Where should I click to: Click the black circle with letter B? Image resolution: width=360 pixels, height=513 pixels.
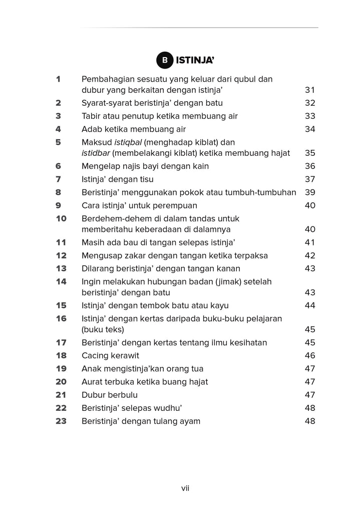164,61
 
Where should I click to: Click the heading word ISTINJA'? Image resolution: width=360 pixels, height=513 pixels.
195,61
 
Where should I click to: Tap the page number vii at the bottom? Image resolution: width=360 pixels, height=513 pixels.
185,488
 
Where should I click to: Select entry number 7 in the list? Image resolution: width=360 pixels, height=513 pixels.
58,179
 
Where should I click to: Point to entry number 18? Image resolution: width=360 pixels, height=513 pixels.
61,356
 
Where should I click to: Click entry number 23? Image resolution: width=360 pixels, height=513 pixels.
61,421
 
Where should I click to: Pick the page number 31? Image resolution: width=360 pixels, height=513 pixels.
309,90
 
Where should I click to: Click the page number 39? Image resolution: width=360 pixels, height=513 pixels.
309,192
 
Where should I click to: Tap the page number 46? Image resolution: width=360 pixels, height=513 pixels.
309,356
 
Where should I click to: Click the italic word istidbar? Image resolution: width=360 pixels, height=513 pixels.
96,153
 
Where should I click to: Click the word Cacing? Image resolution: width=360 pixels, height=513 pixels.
96,356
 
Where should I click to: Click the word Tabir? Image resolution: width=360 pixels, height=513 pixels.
92,116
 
